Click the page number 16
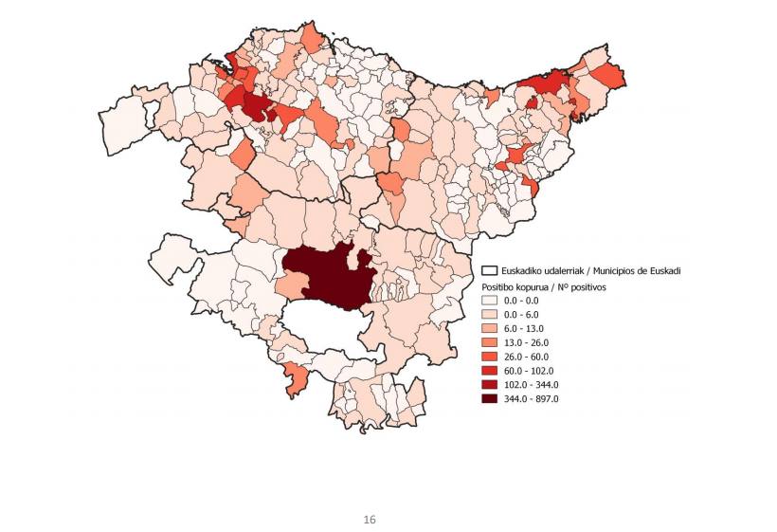tap(370, 520)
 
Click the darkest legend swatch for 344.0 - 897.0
tap(490, 399)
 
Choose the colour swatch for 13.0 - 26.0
tap(490, 342)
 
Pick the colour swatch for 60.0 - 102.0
tap(490, 371)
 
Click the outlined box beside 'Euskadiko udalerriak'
tap(490, 271)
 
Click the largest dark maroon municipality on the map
tap(327, 275)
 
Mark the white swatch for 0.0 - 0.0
tap(490, 300)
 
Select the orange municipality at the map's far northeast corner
tap(608, 75)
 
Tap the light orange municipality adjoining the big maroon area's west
tap(292, 284)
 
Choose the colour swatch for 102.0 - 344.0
tap(490, 385)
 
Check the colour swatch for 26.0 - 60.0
tap(490, 357)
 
